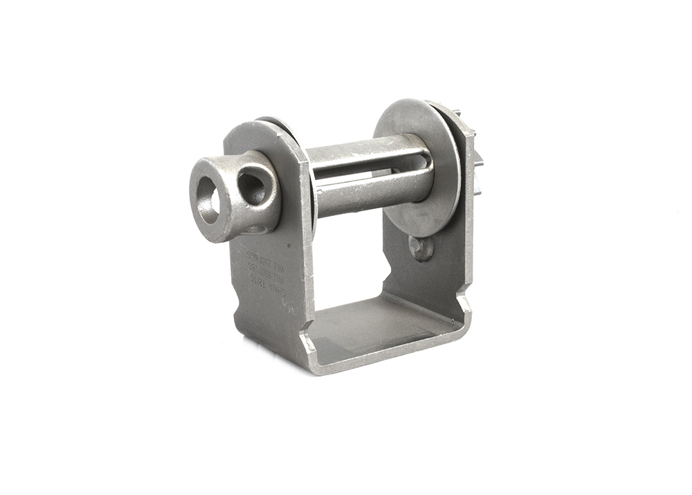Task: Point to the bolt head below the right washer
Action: click(420, 247)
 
